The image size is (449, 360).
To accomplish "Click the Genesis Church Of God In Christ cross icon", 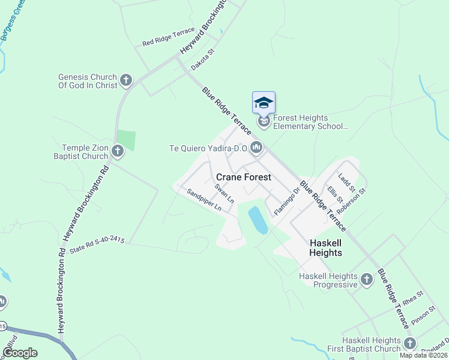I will pyautogui.click(x=125, y=80).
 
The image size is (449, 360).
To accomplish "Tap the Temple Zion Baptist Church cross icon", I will pyautogui.click(x=117, y=151).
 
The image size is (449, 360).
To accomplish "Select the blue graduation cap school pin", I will pyautogui.click(x=264, y=103).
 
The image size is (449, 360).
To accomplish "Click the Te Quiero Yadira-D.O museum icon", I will pyautogui.click(x=257, y=147).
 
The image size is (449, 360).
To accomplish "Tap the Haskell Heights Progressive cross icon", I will pyautogui.click(x=367, y=280).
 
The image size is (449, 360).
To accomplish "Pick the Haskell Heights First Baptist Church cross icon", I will pyautogui.click(x=409, y=344).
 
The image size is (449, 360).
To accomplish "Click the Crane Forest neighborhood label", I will pyautogui.click(x=243, y=177).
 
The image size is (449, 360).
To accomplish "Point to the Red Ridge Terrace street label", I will pyautogui.click(x=169, y=37).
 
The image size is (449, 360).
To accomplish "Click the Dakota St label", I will pyautogui.click(x=202, y=60).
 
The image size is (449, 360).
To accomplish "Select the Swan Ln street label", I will pyautogui.click(x=224, y=193).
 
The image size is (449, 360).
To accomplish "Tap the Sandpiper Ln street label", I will pyautogui.click(x=204, y=200).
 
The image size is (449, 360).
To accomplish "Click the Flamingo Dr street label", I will pyautogui.click(x=286, y=202).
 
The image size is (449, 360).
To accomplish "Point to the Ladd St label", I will pyautogui.click(x=347, y=182).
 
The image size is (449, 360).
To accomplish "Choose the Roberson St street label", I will pyautogui.click(x=351, y=202).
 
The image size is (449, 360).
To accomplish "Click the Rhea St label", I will pyautogui.click(x=413, y=298).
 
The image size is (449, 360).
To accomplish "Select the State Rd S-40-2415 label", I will pyautogui.click(x=97, y=245).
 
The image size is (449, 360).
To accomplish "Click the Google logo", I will pyautogui.click(x=20, y=353).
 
